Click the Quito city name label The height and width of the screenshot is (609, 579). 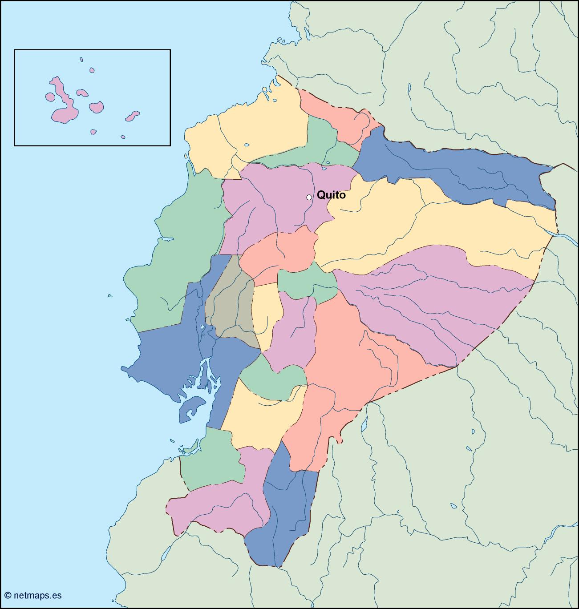[331, 195]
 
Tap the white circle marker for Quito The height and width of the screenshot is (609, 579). [309, 197]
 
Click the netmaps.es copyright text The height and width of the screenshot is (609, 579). [33, 595]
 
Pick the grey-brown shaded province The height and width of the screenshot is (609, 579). [231, 302]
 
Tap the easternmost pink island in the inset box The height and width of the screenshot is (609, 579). [132, 116]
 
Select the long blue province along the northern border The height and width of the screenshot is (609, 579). [454, 169]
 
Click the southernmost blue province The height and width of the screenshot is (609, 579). [285, 512]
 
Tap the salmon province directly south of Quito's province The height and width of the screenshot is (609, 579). [280, 251]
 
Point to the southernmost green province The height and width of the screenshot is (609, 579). [211, 463]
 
